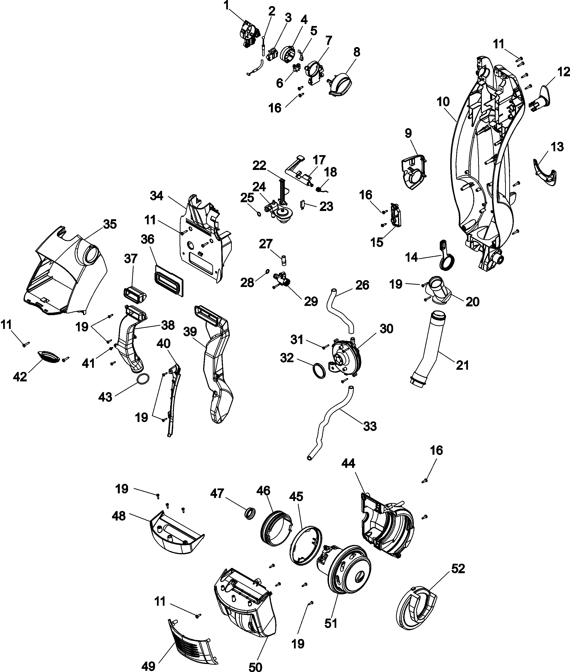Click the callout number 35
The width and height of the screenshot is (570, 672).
pyautogui.click(x=110, y=224)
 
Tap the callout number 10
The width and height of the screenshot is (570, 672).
pyautogui.click(x=443, y=102)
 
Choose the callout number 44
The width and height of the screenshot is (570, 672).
pyautogui.click(x=348, y=464)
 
